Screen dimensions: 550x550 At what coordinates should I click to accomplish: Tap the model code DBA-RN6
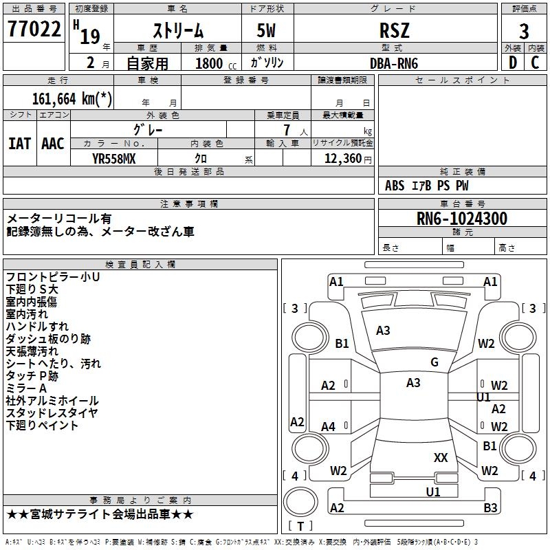pyautogui.click(x=394, y=63)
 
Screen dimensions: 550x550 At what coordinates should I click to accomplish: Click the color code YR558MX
pyautogui.click(x=114, y=159)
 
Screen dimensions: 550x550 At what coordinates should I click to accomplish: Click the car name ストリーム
pyautogui.click(x=177, y=31)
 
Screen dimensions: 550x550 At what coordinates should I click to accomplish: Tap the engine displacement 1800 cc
pyautogui.click(x=210, y=63)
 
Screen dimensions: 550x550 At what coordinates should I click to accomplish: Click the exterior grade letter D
pyautogui.click(x=512, y=63)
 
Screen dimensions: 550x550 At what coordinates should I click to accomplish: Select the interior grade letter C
pyautogui.click(x=535, y=63)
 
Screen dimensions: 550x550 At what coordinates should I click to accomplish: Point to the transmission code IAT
pyautogui.click(x=20, y=144)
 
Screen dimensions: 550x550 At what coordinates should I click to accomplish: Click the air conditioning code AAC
pyautogui.click(x=53, y=144)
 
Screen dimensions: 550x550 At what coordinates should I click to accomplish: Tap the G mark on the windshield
pyautogui.click(x=434, y=362)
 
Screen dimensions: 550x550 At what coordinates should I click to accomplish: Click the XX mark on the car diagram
pyautogui.click(x=441, y=457)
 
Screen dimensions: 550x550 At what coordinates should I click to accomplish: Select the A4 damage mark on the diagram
pyautogui.click(x=329, y=427)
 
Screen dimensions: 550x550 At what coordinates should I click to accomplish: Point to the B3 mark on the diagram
pyautogui.click(x=490, y=508)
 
